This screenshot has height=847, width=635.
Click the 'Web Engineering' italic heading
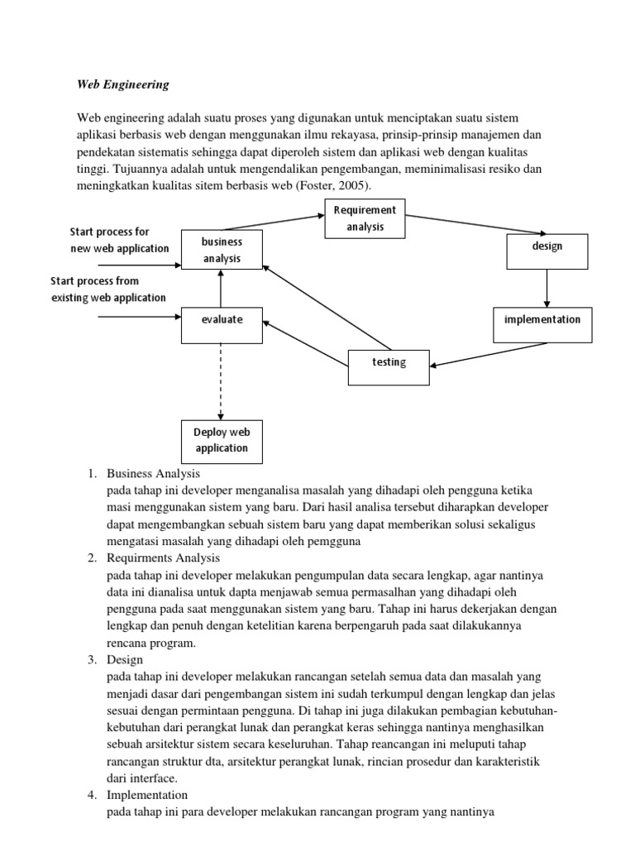(123, 84)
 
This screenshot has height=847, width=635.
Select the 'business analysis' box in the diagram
(222, 250)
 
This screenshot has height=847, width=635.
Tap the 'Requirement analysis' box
(365, 218)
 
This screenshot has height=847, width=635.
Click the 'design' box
(547, 251)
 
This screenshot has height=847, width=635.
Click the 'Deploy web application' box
(221, 441)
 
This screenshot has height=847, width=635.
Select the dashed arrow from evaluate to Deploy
(221, 380)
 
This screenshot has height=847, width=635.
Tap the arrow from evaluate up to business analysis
(221, 287)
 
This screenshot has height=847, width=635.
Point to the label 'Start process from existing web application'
(108, 290)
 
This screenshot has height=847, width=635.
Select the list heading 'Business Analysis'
(154, 474)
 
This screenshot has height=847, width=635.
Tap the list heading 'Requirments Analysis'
(163, 558)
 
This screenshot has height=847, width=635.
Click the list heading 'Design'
(126, 659)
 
